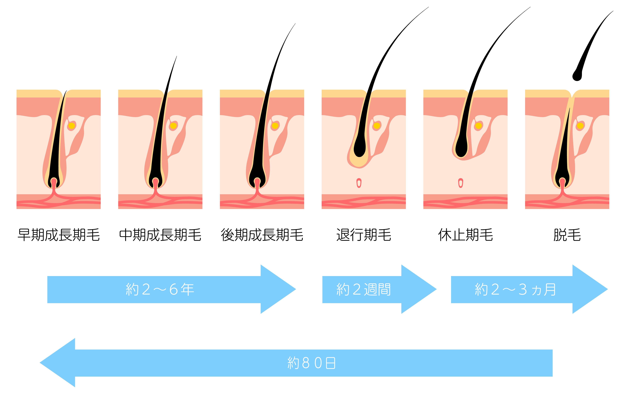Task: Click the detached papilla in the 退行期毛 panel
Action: pos(359,183)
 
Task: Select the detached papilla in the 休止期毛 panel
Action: pos(461,183)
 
